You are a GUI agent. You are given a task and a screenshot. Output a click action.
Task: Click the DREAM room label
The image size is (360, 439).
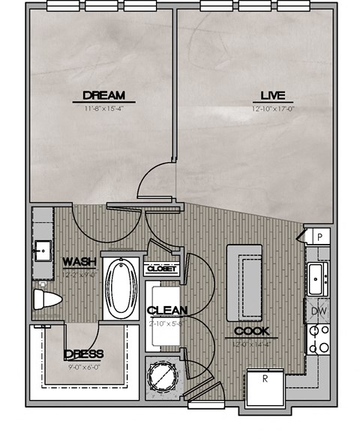click(103, 95)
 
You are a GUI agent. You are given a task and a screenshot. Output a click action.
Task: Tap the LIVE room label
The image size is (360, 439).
click(270, 95)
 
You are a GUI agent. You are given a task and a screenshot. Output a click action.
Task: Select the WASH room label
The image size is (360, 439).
click(79, 262)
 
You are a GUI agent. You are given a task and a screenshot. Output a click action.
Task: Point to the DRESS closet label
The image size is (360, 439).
click(84, 354)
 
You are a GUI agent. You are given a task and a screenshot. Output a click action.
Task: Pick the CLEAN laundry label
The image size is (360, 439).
click(166, 311)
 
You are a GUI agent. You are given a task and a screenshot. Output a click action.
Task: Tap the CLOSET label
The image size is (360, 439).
click(162, 269)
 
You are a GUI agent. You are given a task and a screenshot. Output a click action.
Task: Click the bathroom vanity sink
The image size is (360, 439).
click(42, 247)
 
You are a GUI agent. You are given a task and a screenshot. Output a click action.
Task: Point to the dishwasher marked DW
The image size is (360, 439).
click(317, 310)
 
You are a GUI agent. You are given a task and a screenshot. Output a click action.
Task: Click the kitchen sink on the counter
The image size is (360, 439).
click(318, 279)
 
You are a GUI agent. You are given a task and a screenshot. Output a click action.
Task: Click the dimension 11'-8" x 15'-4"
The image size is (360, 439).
click(103, 108)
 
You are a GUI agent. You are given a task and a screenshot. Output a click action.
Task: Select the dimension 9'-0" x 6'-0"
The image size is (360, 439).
click(84, 366)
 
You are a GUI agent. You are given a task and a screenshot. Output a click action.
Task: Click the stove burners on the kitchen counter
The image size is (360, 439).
click(318, 338)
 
